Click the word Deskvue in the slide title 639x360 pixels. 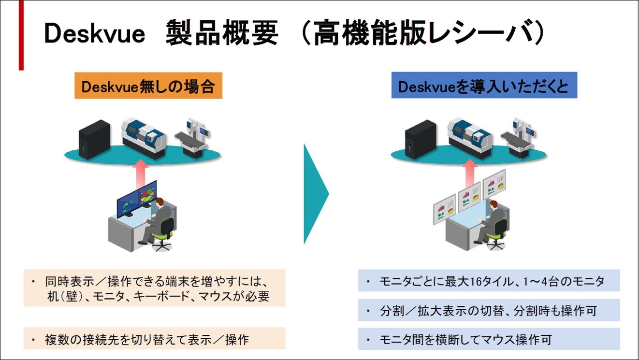[x=95, y=34]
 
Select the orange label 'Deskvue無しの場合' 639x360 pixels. [x=148, y=86]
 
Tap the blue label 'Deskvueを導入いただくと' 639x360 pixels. [x=484, y=86]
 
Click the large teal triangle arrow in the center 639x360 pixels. [x=315, y=193]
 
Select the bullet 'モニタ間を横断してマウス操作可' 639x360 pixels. [x=465, y=339]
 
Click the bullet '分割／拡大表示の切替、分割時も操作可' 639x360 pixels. [x=488, y=311]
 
